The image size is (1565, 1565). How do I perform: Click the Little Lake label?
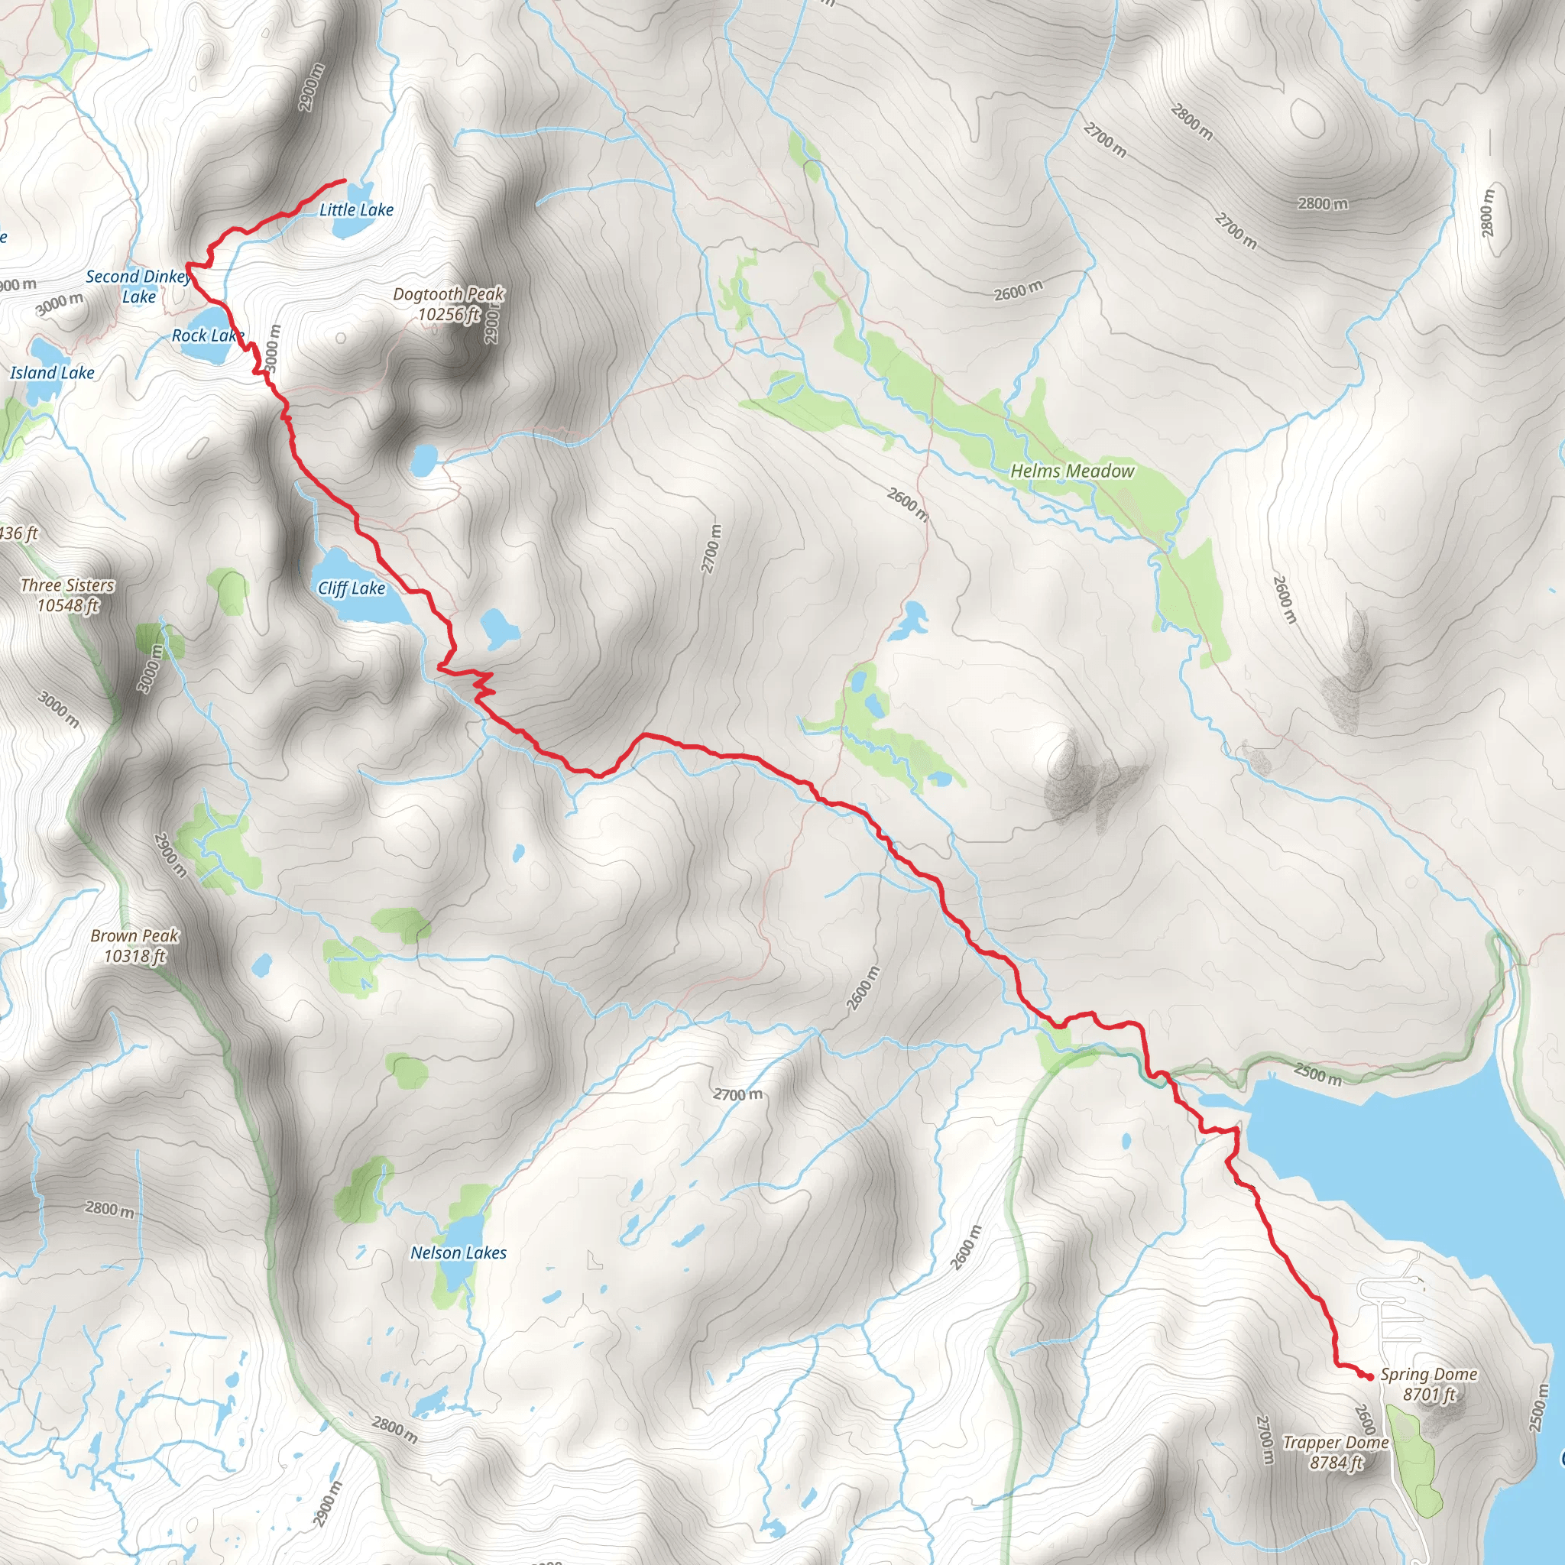click(x=356, y=210)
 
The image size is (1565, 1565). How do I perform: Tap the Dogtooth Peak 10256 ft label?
click(x=449, y=304)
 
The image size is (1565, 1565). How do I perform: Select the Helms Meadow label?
click(x=1071, y=471)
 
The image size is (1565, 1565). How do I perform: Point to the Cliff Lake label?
click(x=351, y=588)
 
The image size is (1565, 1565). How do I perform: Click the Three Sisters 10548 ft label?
click(x=67, y=595)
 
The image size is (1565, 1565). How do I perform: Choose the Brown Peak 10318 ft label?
click(x=134, y=945)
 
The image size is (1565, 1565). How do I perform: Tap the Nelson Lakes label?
click(x=458, y=1252)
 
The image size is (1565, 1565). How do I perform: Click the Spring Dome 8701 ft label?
click(x=1428, y=1385)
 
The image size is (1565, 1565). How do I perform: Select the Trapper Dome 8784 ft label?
click(x=1336, y=1453)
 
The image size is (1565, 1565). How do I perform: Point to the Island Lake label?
click(x=52, y=373)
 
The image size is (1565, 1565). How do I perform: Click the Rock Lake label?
click(x=206, y=335)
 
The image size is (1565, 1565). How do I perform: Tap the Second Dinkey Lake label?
click(x=138, y=286)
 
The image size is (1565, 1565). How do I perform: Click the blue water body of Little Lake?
click(x=351, y=228)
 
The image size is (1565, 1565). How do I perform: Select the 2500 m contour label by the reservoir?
click(x=1317, y=1074)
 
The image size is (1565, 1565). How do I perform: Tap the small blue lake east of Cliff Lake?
click(x=498, y=629)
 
